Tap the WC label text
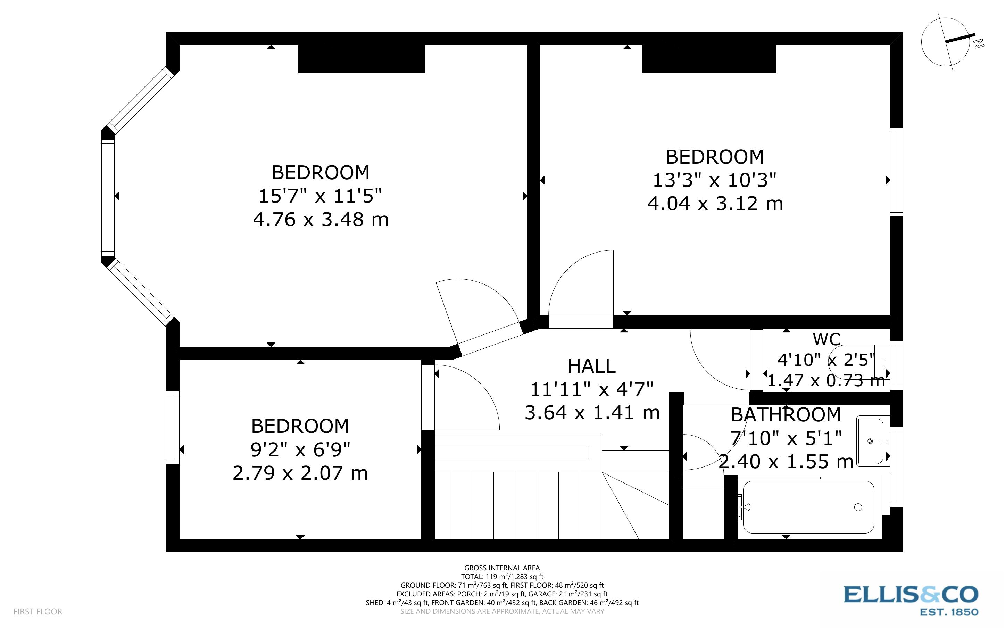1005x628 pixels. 826,340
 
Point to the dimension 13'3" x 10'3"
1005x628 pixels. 714,181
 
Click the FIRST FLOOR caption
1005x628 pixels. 38,611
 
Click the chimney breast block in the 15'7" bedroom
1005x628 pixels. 362,59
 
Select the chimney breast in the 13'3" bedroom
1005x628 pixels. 709,59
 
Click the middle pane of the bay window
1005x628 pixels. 108,196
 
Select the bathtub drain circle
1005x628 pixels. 858,507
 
